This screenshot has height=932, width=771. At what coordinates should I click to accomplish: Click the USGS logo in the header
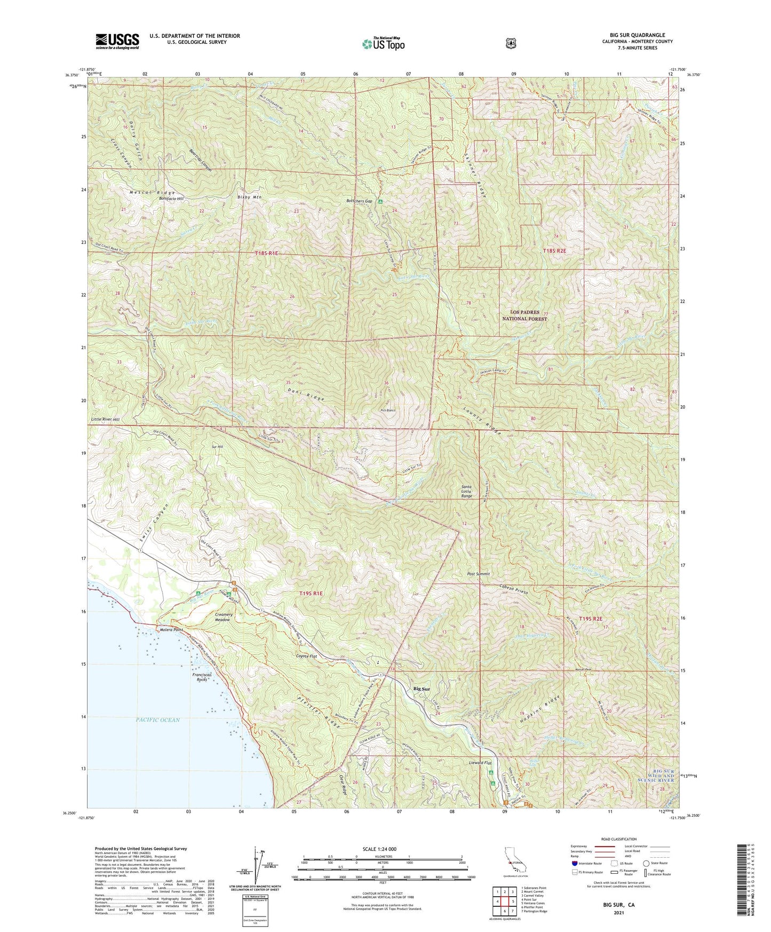click(117, 41)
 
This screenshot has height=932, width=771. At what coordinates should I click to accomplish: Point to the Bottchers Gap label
click(359, 201)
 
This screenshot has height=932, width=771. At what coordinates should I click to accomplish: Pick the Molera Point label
click(171, 630)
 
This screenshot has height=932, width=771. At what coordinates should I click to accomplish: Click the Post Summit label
click(478, 574)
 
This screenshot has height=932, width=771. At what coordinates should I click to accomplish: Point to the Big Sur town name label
click(422, 689)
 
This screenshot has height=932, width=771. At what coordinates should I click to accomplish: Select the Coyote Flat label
click(306, 657)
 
